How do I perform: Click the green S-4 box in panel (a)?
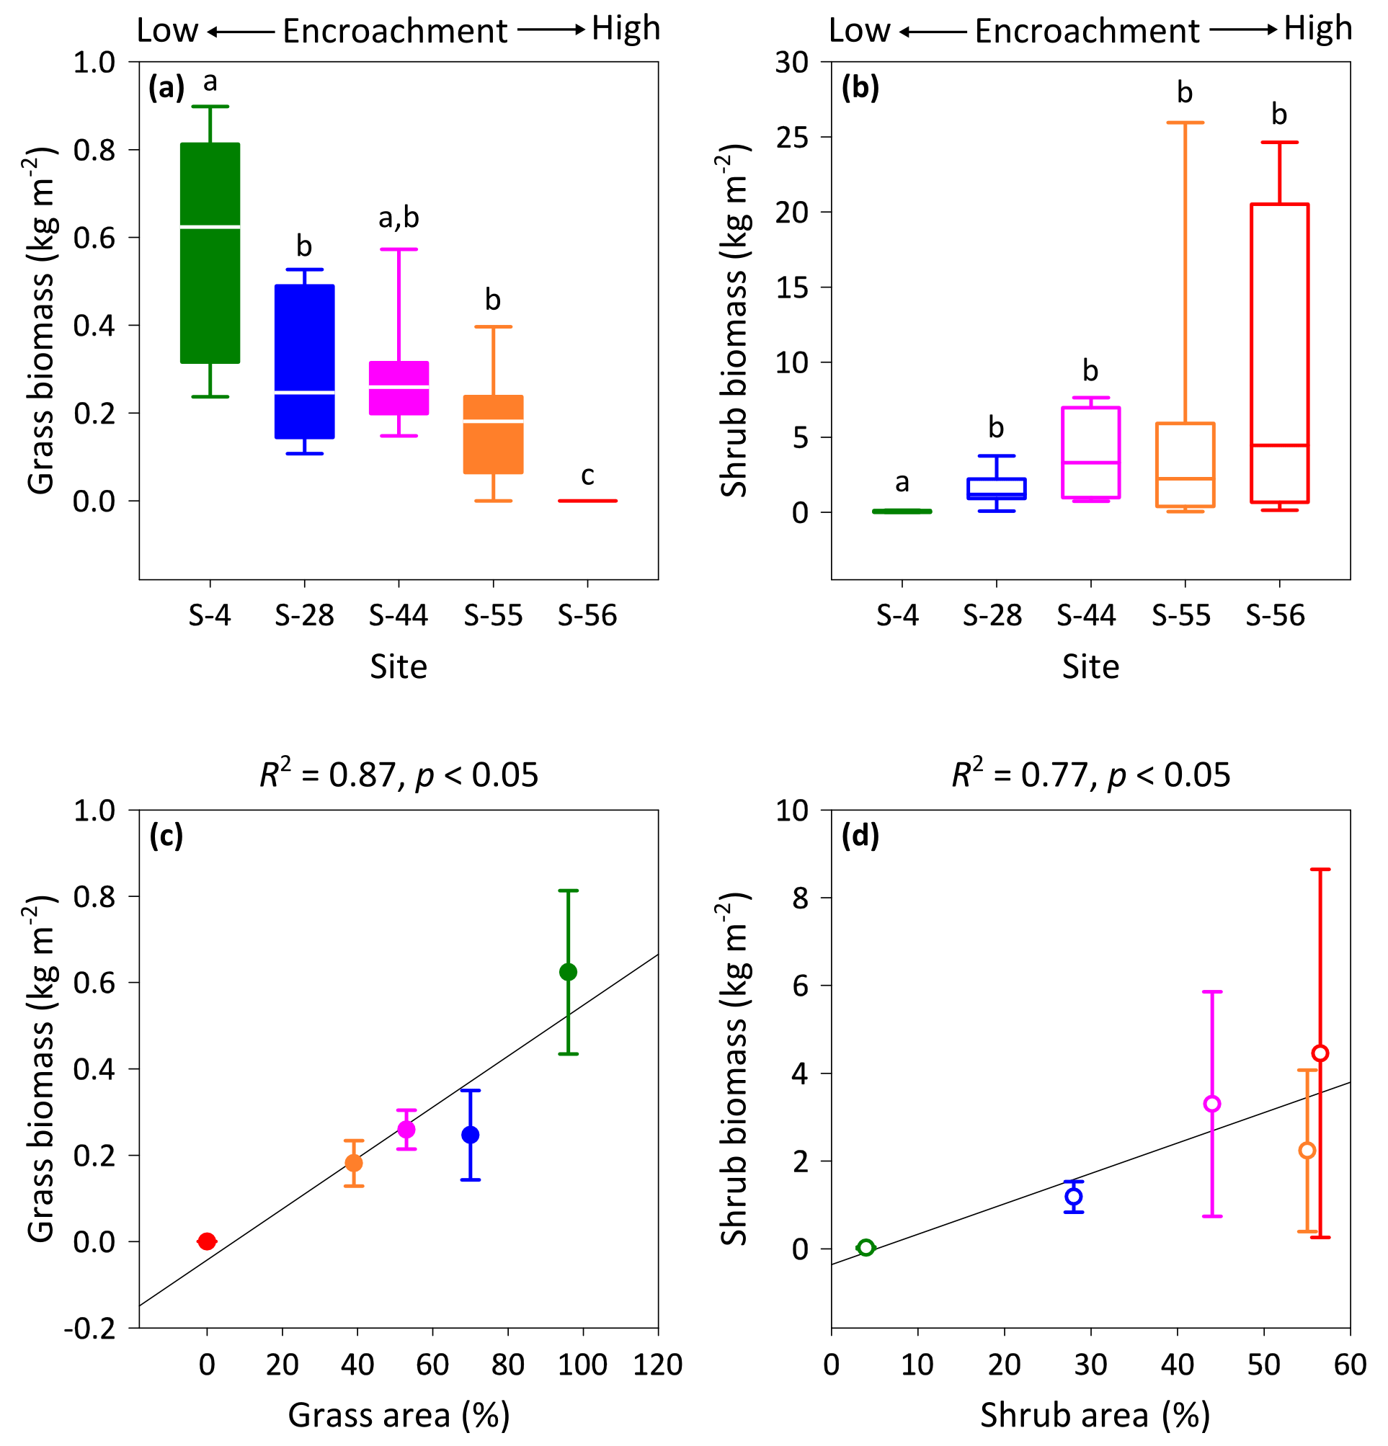(x=210, y=253)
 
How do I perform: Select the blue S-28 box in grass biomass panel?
(x=305, y=362)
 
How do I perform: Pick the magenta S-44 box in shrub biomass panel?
(x=1090, y=452)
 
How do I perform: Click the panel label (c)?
(x=166, y=836)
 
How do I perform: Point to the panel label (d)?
(x=860, y=836)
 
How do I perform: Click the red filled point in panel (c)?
(x=208, y=1241)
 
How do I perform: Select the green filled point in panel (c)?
(x=568, y=973)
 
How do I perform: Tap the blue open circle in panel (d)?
(x=1074, y=1196)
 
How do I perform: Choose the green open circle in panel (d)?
(x=866, y=1248)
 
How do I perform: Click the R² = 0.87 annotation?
(x=399, y=775)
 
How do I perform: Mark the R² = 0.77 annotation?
(x=1090, y=775)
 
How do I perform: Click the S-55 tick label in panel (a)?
(x=493, y=615)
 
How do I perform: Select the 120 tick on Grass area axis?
(x=657, y=1365)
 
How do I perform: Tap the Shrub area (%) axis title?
(x=1094, y=1416)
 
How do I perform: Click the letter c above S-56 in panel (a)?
(x=587, y=476)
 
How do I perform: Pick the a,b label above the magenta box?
(x=399, y=218)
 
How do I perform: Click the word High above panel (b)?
(x=1318, y=30)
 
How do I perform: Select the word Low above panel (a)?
(x=167, y=31)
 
